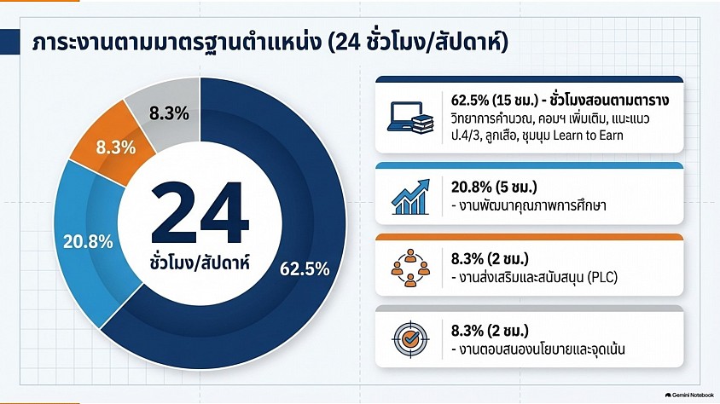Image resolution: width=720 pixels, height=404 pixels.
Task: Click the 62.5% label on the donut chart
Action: point(305,268)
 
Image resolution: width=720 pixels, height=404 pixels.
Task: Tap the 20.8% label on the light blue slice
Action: point(88,242)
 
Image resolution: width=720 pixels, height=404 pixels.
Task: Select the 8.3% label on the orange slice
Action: point(116,147)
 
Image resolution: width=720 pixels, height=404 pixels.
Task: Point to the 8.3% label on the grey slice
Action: point(169,113)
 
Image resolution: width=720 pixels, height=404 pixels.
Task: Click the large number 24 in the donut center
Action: point(200,212)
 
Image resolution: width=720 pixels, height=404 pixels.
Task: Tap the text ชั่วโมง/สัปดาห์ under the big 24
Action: point(200,263)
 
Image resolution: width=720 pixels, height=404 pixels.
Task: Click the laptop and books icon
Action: point(410,118)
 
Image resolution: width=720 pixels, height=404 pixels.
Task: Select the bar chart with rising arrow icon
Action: point(410,197)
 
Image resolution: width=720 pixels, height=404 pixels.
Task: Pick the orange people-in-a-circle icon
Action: point(410,268)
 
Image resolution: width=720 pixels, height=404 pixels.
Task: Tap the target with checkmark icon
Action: point(410,339)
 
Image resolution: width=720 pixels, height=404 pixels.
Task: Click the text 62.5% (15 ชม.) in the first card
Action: point(495,101)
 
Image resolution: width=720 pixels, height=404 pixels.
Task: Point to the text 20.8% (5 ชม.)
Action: point(494,188)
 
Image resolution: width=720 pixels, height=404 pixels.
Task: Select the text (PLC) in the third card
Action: point(602,278)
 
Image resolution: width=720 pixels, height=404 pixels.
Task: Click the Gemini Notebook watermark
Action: point(689,395)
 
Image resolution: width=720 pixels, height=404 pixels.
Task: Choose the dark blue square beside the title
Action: point(9,42)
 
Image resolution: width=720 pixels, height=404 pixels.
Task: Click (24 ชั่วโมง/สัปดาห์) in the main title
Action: point(419,43)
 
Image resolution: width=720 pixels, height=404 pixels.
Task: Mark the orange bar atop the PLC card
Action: point(530,237)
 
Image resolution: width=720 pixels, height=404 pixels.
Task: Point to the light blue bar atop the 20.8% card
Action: point(530,165)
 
